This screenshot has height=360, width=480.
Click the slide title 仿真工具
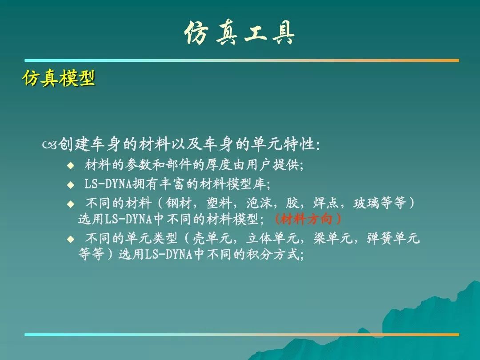coord(240,33)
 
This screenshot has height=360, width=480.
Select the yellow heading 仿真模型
coord(59,78)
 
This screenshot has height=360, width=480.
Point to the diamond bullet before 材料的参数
coord(71,166)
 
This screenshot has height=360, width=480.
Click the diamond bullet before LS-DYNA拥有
coord(71,185)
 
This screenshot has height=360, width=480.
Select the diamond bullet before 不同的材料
coord(71,204)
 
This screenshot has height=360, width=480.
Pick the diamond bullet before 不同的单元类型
coord(71,239)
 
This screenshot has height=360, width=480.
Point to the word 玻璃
coord(367,203)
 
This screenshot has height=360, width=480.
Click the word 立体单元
coord(273,238)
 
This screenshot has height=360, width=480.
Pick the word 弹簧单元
coord(393,238)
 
